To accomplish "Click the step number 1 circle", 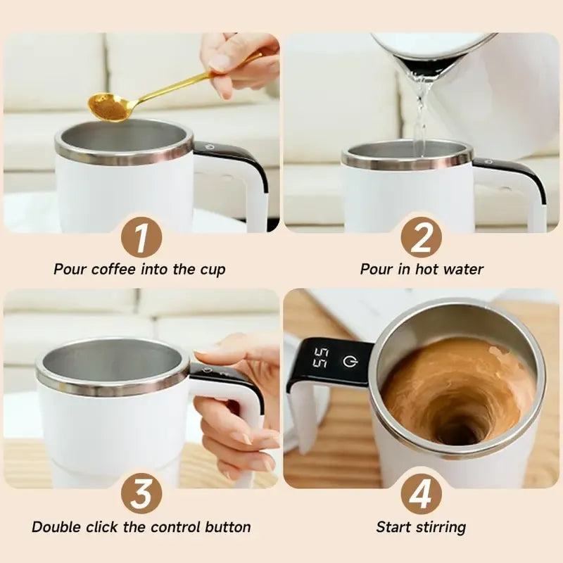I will click(141, 236).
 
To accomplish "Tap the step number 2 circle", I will click(421, 236).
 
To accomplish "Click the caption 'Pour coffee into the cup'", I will click(140, 270).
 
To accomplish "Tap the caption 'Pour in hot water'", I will click(422, 270).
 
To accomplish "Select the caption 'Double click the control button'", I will click(141, 527).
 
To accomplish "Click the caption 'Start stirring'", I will click(421, 527).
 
